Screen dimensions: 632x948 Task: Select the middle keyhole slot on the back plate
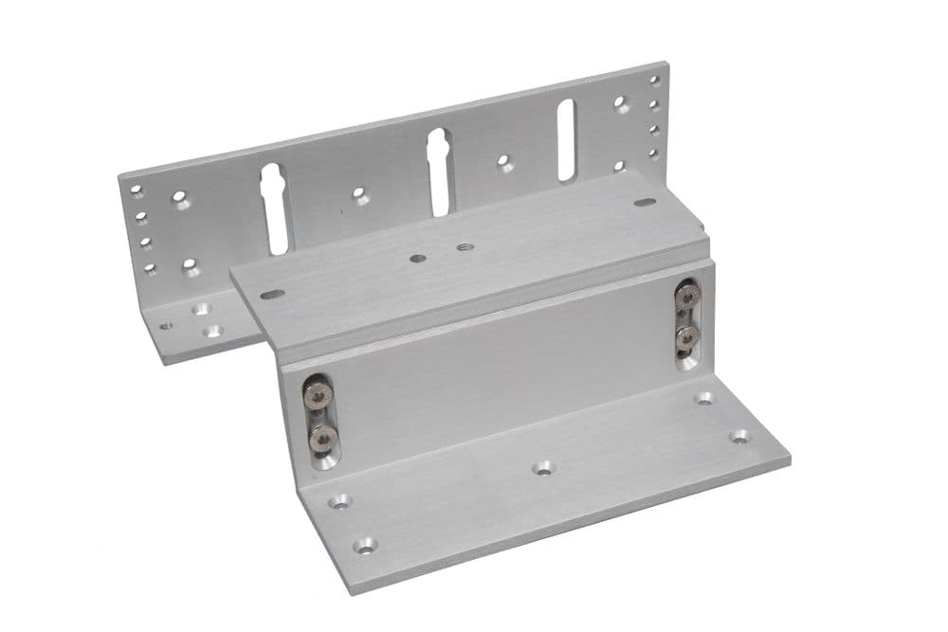point(439,171)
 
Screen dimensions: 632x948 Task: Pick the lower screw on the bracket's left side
point(322,436)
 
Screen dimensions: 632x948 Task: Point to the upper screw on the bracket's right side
point(686,296)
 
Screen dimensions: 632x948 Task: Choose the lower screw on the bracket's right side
point(687,336)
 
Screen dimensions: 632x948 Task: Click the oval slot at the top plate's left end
point(272,294)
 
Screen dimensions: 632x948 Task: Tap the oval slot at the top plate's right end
point(645,202)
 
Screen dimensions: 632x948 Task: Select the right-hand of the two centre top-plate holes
point(465,248)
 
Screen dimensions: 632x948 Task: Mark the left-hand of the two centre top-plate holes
point(418,257)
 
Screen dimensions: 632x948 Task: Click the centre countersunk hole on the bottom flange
point(542,467)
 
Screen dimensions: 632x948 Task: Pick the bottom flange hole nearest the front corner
point(364,546)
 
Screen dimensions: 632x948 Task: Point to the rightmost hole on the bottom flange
point(739,436)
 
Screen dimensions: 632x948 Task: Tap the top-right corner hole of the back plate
point(654,81)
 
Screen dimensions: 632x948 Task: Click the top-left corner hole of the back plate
point(137,190)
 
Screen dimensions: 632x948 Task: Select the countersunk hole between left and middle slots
point(360,195)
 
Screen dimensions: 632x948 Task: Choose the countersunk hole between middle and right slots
point(505,163)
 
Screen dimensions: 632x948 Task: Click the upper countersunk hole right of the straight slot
point(621,103)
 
